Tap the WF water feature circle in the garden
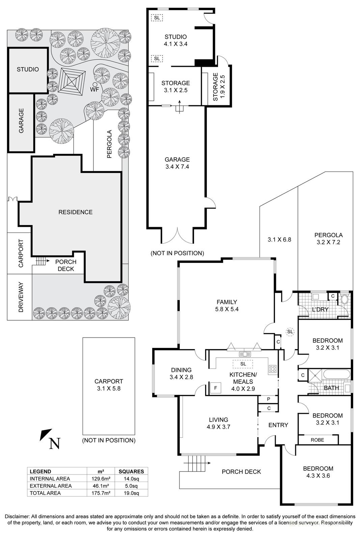95,84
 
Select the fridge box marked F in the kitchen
215,388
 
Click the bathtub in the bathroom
336,375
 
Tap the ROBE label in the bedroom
317,440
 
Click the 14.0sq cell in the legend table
131,479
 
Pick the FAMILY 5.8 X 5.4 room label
227,305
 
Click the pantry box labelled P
268,399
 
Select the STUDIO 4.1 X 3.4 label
175,40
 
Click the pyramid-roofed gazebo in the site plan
72,81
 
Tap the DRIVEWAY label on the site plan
21,297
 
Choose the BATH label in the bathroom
331,388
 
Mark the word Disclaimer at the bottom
17,516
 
